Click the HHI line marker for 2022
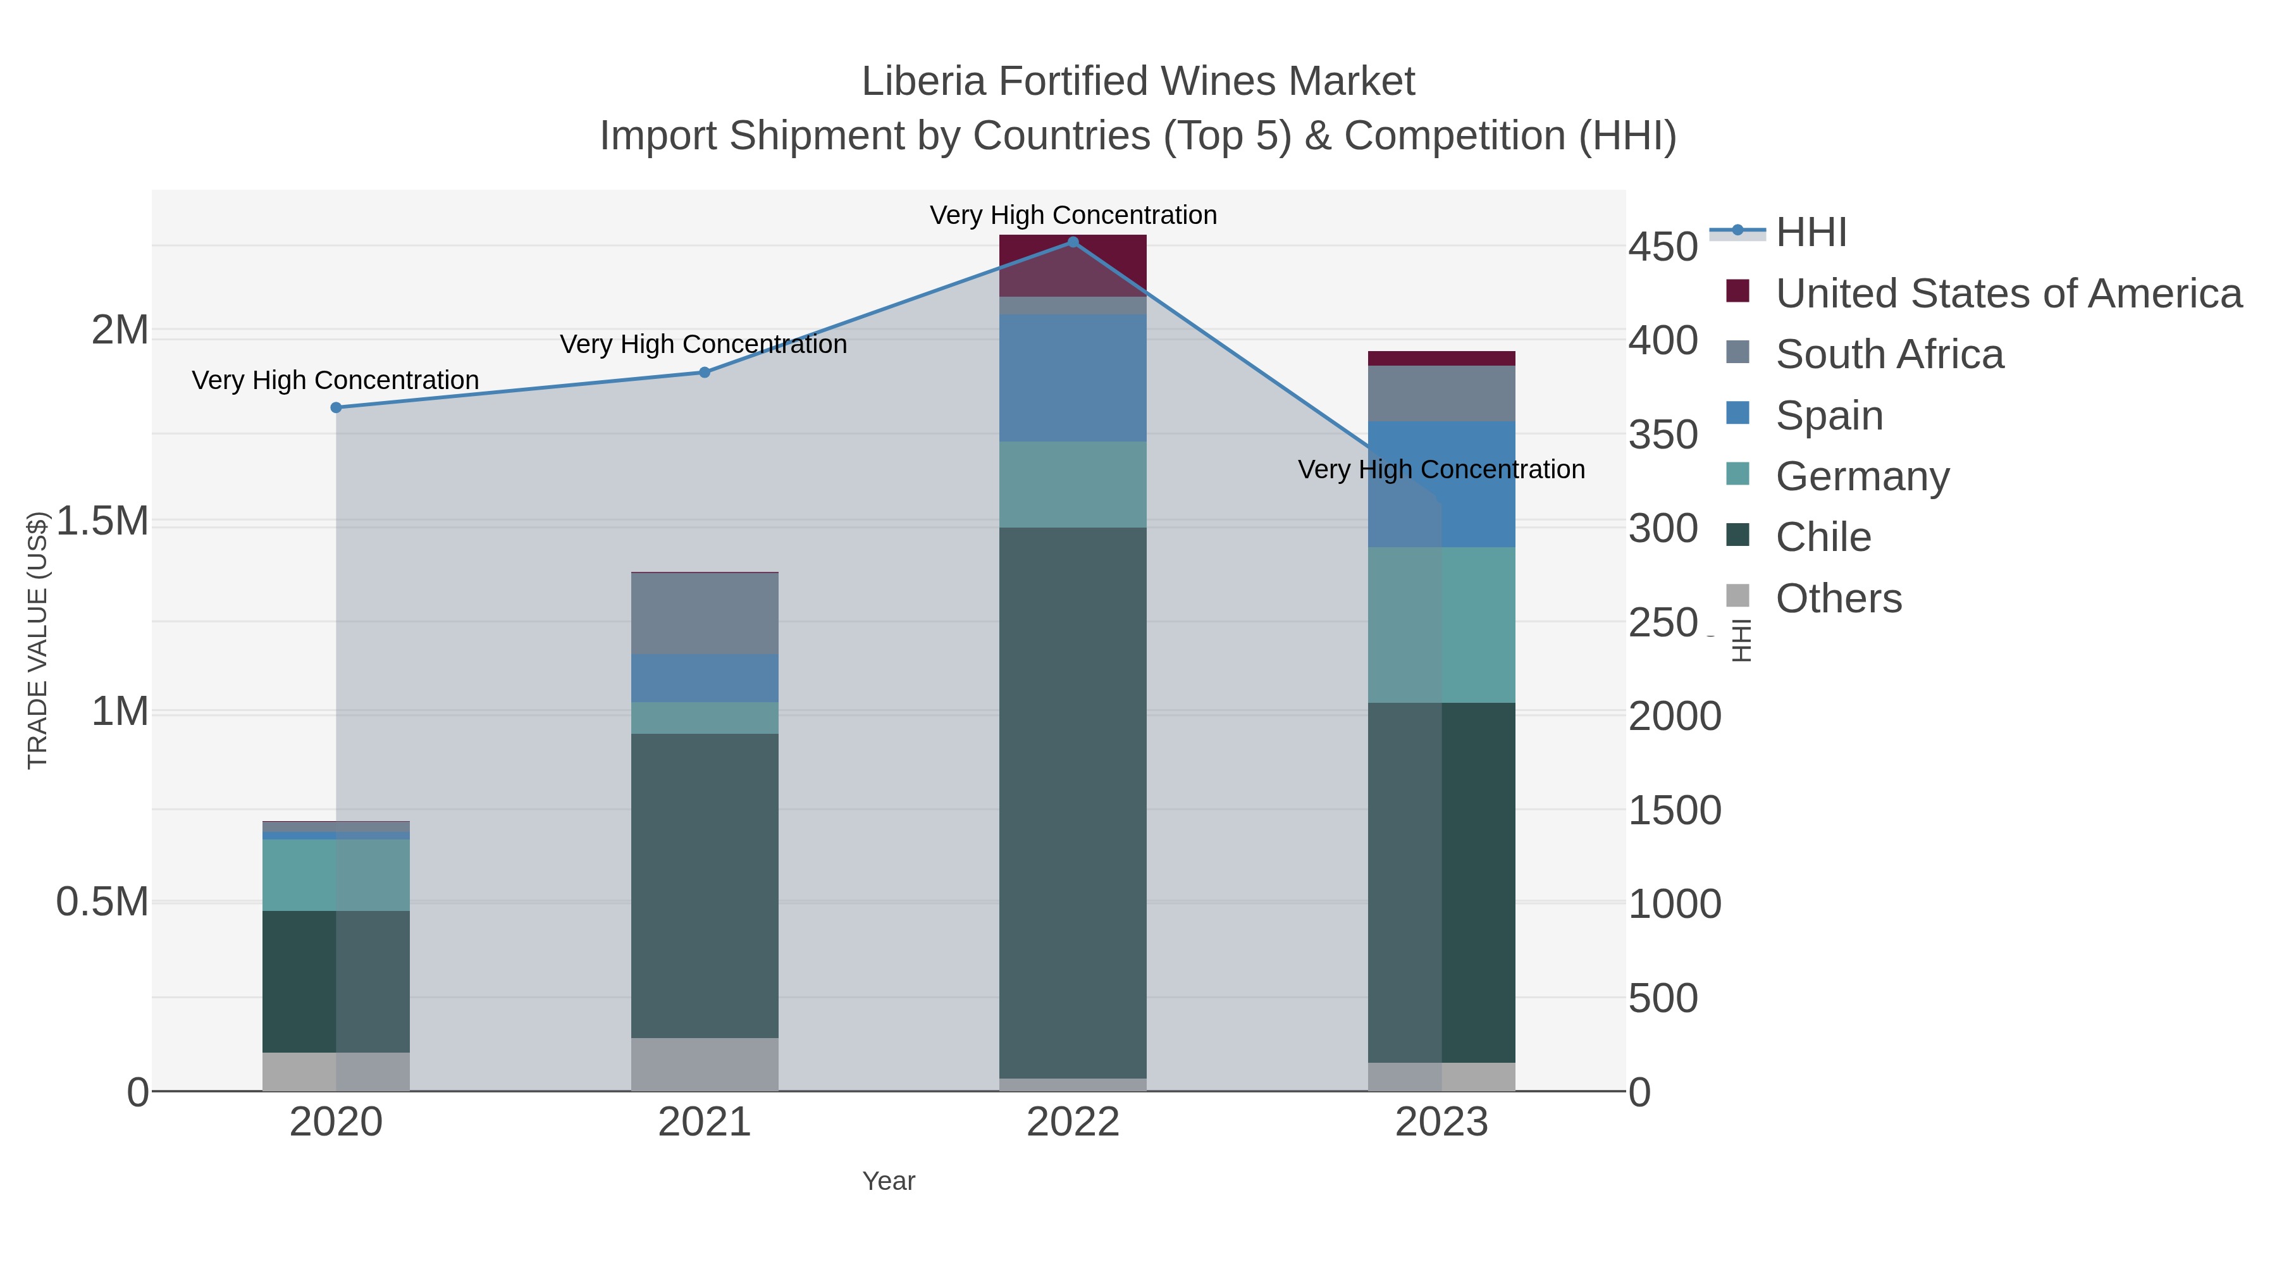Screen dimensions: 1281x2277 pyautogui.click(x=1073, y=242)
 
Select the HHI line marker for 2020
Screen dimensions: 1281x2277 pyautogui.click(x=336, y=407)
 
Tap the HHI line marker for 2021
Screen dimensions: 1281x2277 pyautogui.click(x=705, y=372)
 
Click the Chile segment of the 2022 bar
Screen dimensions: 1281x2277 pyautogui.click(x=1073, y=802)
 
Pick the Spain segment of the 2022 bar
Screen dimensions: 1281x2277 pyautogui.click(x=1073, y=378)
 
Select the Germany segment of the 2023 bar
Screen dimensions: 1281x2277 pyautogui.click(x=1441, y=624)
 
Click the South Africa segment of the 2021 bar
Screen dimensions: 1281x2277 pyautogui.click(x=705, y=614)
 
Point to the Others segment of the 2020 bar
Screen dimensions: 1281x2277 pyautogui.click(x=336, y=1072)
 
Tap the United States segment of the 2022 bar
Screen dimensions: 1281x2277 pyautogui.click(x=1073, y=265)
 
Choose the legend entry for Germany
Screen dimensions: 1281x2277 pyautogui.click(x=1863, y=476)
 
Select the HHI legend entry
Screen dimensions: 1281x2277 pyautogui.click(x=1811, y=233)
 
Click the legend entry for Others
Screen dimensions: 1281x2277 pyautogui.click(x=1839, y=598)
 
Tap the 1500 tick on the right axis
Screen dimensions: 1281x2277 pyautogui.click(x=1674, y=811)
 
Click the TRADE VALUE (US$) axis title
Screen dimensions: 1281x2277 pyautogui.click(x=37, y=640)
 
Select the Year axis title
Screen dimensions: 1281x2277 pyautogui.click(x=889, y=1181)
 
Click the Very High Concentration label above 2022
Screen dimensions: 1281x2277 pyautogui.click(x=1073, y=215)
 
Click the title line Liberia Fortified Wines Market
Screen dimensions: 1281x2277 pyautogui.click(x=1138, y=82)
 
